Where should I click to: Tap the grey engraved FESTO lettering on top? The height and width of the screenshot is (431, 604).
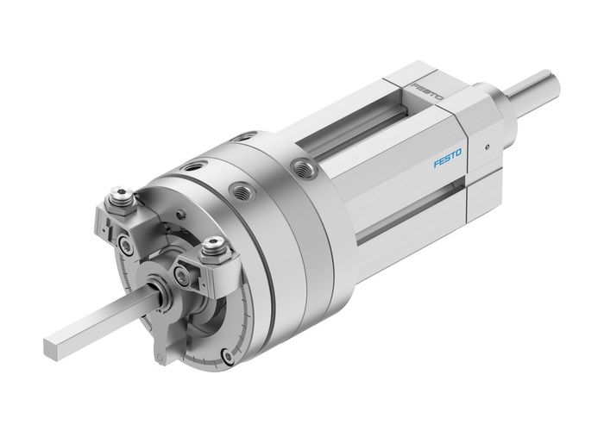(x=427, y=91)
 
